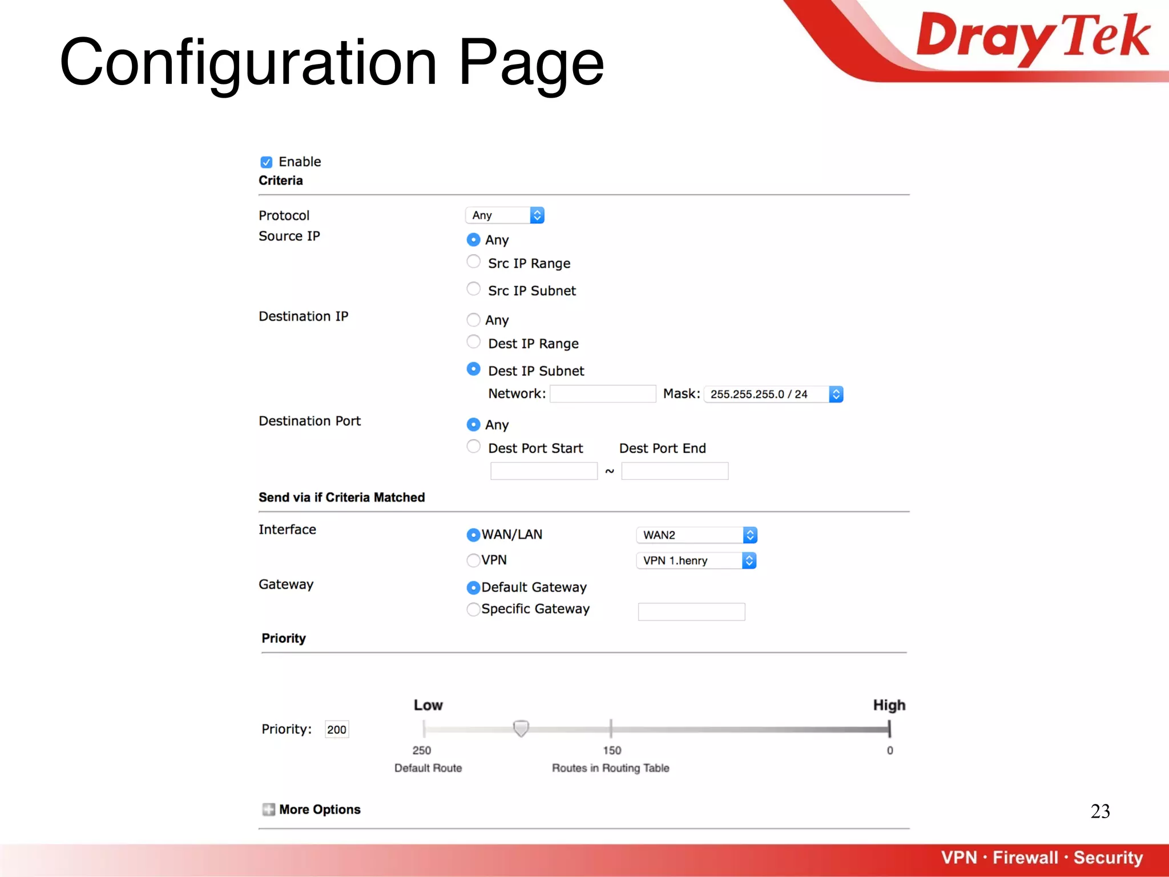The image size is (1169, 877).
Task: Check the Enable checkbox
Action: point(266,162)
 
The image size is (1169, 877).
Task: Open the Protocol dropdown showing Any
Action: point(505,215)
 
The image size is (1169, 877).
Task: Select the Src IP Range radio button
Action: point(473,262)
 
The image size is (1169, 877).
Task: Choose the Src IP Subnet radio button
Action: point(473,289)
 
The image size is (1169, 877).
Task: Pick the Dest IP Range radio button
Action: point(473,342)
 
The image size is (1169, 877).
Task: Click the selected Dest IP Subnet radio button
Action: point(473,369)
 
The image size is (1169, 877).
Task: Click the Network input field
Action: point(602,394)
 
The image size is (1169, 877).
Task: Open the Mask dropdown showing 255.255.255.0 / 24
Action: point(773,395)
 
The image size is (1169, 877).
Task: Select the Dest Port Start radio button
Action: point(473,446)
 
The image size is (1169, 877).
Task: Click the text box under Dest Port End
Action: point(674,471)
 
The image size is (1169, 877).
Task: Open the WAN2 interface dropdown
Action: point(696,535)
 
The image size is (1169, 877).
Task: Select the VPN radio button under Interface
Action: point(473,561)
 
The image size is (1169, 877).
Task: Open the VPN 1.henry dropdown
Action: point(696,561)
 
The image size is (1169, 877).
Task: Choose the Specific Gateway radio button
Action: point(473,610)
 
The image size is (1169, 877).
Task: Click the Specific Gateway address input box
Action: point(691,612)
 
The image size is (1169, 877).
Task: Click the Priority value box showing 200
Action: point(337,730)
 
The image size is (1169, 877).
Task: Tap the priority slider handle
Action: point(521,728)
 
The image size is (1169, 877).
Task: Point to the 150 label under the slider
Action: point(612,750)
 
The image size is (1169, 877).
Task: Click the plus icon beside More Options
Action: point(268,810)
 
